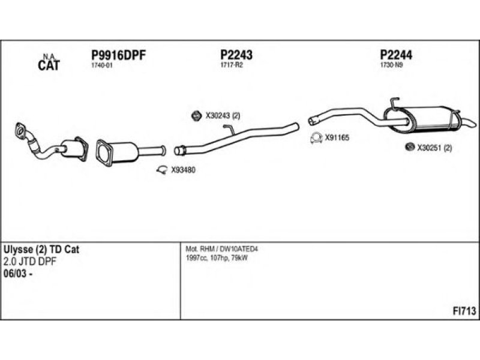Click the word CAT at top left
(x=49, y=66)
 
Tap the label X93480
(x=183, y=170)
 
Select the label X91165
(x=337, y=137)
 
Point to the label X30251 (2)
(x=434, y=148)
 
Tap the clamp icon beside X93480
(x=161, y=170)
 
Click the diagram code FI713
(x=464, y=310)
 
